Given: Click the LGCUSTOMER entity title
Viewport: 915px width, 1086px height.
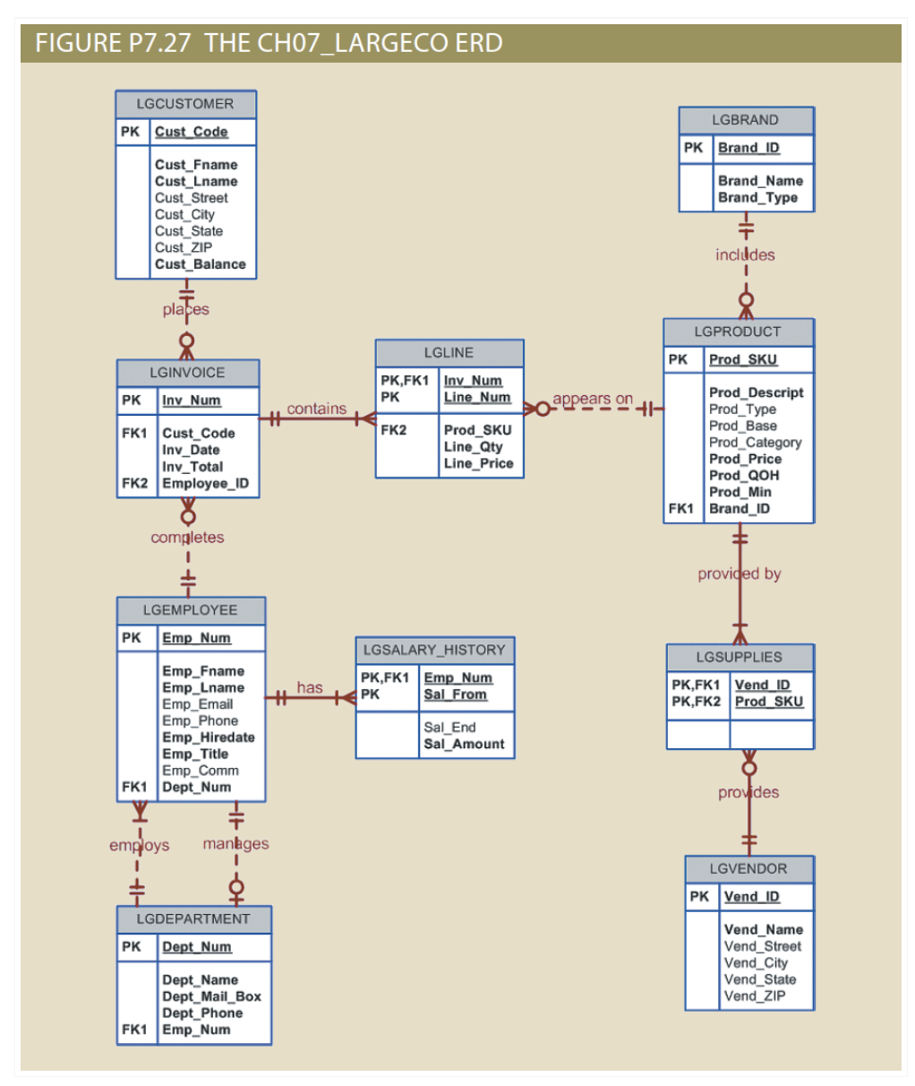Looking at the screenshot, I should tap(185, 104).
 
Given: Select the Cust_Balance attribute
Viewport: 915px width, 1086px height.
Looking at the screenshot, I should tap(200, 264).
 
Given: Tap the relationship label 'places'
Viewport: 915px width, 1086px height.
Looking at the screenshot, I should tap(185, 309).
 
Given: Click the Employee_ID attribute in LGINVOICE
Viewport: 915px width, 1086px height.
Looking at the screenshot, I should tap(205, 483).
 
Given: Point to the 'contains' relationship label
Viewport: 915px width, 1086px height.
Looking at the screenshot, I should tap(316, 409).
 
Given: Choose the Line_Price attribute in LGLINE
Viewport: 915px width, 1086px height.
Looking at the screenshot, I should tap(478, 463).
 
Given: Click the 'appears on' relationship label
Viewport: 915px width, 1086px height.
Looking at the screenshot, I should tap(593, 399).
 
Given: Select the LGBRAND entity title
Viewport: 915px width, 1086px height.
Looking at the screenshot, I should tap(745, 120).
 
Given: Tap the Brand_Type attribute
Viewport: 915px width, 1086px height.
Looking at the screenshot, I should tap(757, 197).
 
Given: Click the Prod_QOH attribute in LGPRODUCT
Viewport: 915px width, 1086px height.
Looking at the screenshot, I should tap(744, 475).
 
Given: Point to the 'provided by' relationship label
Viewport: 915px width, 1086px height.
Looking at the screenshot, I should tap(739, 573).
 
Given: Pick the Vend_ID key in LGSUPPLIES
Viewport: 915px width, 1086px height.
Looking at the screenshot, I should tap(762, 685).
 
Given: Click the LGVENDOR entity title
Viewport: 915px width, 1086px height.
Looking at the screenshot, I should tap(748, 868).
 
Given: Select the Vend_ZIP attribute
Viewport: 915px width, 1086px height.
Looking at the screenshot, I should tap(755, 995).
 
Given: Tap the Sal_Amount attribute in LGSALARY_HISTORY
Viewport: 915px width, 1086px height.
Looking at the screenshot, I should tap(464, 744).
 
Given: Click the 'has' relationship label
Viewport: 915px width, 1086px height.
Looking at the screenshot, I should tap(310, 687).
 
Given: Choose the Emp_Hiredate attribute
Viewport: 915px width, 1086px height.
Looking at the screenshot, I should tap(208, 737).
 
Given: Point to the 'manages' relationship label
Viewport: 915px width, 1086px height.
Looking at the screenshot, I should tap(235, 843).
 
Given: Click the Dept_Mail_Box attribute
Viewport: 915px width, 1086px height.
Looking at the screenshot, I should tap(211, 996).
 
